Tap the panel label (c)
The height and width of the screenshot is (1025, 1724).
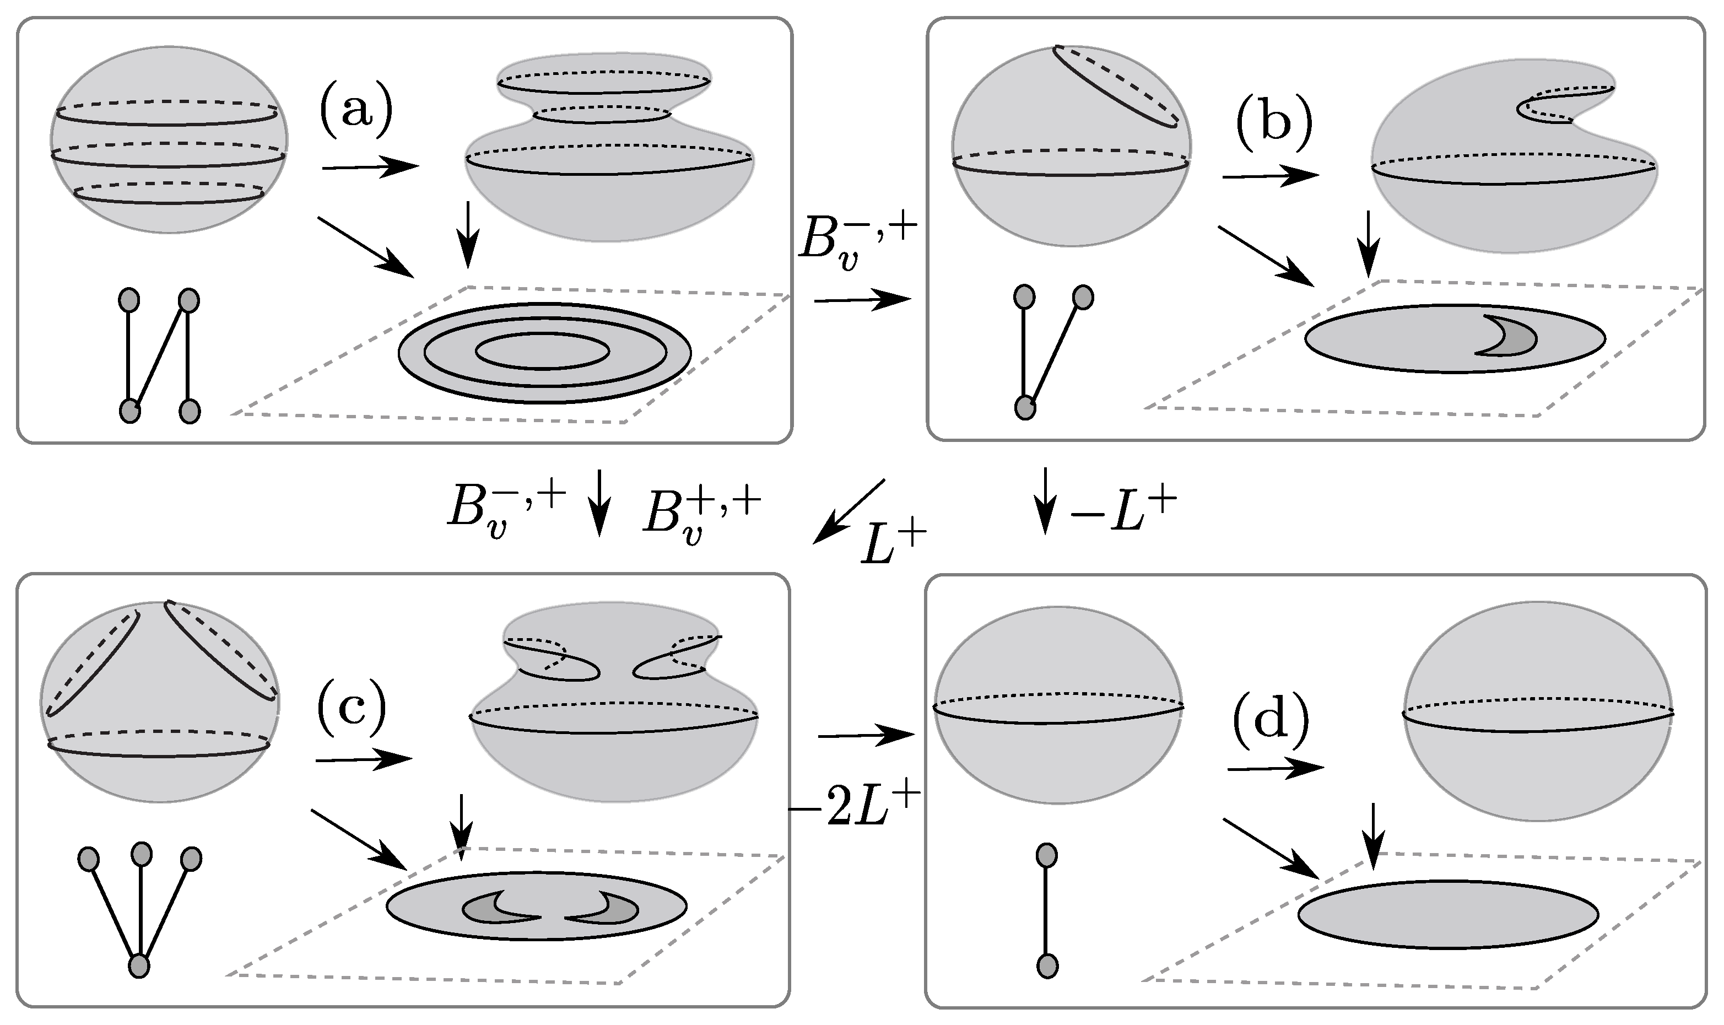coord(351,710)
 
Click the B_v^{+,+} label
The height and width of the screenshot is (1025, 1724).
coord(701,520)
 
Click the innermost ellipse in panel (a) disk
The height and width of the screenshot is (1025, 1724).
coord(542,352)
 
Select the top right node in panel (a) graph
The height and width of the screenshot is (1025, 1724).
coord(188,300)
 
